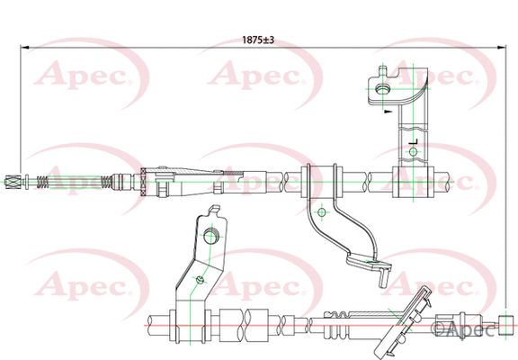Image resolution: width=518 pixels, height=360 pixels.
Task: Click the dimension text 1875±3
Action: [x=258, y=40]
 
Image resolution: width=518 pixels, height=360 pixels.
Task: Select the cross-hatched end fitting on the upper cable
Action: [x=12, y=183]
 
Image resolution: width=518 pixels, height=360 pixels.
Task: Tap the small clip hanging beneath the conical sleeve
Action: [x=161, y=190]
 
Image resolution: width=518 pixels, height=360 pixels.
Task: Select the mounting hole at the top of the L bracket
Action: [x=382, y=88]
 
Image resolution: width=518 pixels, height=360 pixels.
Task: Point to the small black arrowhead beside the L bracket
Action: [x=386, y=113]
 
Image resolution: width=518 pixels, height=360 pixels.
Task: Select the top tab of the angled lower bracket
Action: [x=215, y=212]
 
